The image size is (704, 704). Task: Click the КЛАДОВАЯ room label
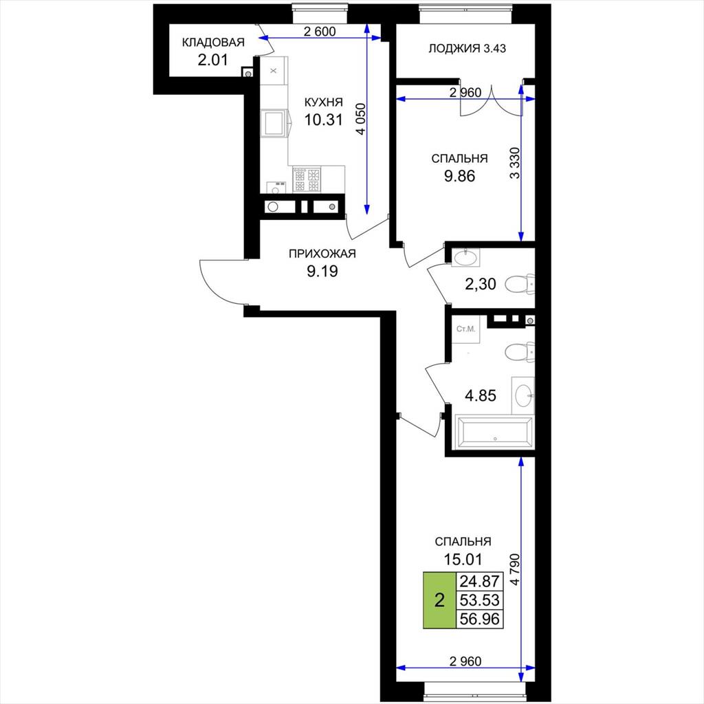click(213, 43)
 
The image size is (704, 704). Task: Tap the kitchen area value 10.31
click(323, 120)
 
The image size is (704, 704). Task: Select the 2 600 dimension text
click(320, 32)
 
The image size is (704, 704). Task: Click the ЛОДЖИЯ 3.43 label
click(467, 49)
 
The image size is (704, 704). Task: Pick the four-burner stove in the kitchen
click(307, 179)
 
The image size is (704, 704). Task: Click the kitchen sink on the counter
click(274, 124)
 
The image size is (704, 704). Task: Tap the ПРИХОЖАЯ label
click(322, 254)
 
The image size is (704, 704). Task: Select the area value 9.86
click(459, 176)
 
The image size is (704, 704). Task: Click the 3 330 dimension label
click(515, 163)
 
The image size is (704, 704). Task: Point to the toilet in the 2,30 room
click(520, 284)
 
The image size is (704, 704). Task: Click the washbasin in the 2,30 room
click(465, 257)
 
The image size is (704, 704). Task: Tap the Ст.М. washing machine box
click(465, 329)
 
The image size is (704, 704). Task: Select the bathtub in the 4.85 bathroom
click(494, 432)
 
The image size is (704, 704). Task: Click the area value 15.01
click(463, 560)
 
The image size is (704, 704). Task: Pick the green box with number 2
click(439, 599)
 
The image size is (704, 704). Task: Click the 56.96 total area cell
click(479, 619)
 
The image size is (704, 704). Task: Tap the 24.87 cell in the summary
click(479, 582)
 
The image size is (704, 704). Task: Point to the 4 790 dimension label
click(515, 569)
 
